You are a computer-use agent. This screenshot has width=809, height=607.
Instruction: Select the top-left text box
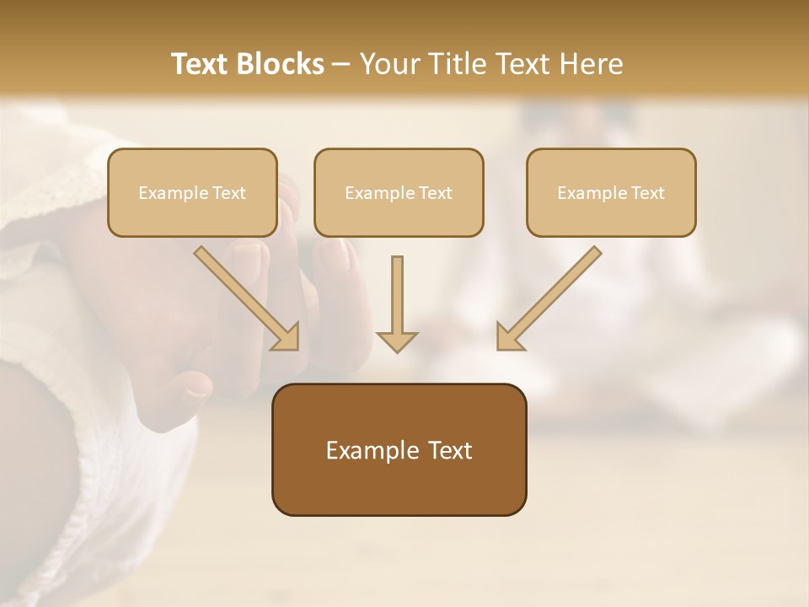(x=192, y=192)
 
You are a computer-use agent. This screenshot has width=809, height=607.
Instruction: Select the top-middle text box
(x=399, y=192)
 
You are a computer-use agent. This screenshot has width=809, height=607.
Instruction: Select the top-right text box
(x=611, y=192)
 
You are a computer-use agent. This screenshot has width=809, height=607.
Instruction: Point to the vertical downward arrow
(x=397, y=299)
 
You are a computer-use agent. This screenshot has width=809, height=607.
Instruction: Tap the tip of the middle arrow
(x=397, y=349)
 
